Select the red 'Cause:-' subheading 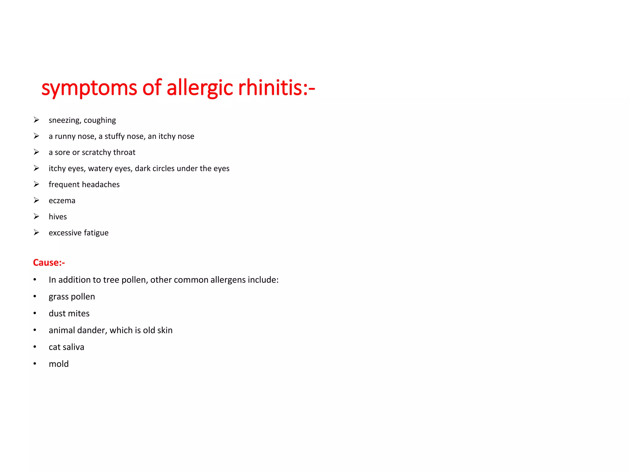(49, 263)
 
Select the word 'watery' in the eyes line (100, 169)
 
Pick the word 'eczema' (62, 201)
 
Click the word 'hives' (58, 217)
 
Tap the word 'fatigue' (96, 233)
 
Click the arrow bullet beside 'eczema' (36, 200)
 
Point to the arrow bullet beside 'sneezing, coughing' (36, 120)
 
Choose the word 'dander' (92, 330)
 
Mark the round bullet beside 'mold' (35, 364)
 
